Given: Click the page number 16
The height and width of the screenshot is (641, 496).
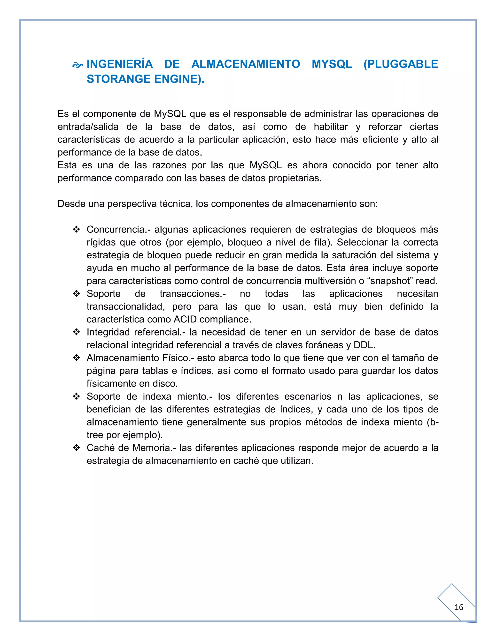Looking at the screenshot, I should (459, 607).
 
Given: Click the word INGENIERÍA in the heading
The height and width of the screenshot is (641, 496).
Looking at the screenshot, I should (120, 64).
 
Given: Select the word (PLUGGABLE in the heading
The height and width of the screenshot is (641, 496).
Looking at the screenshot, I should (401, 64).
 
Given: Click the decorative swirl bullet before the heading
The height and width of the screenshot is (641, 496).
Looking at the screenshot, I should (77, 65).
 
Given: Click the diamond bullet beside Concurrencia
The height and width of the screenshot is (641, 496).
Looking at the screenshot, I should (76, 230).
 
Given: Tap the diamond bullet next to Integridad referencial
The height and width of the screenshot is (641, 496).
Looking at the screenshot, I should (76, 332).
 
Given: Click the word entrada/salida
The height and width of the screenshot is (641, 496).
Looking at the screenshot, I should (88, 127).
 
